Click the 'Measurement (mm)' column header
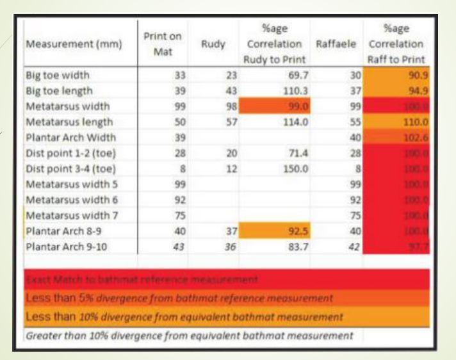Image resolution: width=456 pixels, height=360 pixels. point(67,44)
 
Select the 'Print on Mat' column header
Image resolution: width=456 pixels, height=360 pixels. point(162,44)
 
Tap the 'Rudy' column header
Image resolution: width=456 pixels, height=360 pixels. point(213,44)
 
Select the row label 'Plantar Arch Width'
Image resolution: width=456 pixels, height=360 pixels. point(70,137)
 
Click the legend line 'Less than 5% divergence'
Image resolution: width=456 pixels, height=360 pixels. point(179,299)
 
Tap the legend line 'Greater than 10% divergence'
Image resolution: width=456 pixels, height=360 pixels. point(189,335)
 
